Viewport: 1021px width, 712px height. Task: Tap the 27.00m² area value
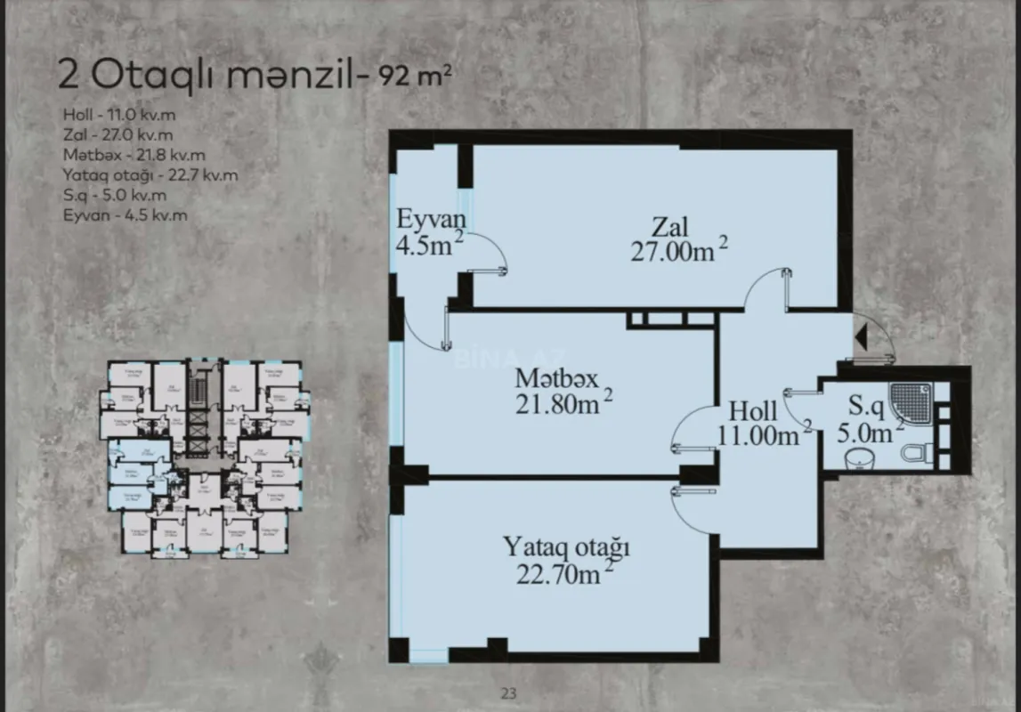678,252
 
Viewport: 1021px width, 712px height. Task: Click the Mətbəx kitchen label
556,379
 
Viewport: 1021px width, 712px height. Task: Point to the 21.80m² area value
563,404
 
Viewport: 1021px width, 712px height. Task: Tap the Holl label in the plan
753,411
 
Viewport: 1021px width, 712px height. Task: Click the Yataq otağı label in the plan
566,546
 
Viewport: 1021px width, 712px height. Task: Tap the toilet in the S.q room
917,453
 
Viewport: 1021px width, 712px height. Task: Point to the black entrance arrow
860,337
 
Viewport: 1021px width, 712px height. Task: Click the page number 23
509,693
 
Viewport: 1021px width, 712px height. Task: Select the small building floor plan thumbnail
205,458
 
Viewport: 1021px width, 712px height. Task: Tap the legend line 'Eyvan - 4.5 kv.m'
125,215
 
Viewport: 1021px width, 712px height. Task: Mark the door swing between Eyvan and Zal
489,254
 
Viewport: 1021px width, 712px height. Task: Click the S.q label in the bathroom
864,408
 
